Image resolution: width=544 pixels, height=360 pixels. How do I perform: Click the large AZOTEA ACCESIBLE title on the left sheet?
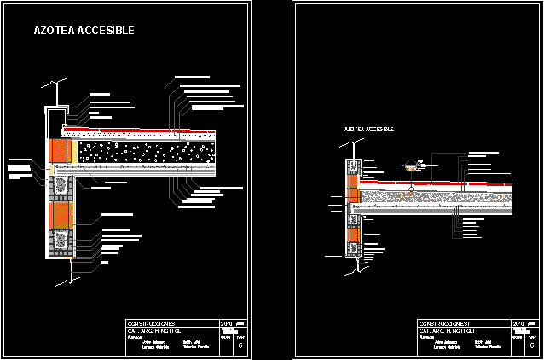click(x=84, y=31)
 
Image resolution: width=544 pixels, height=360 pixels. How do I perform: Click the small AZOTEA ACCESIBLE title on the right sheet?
click(x=368, y=129)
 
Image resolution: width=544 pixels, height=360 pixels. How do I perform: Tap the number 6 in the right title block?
click(x=531, y=345)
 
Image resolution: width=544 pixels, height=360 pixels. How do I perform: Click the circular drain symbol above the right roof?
click(x=411, y=165)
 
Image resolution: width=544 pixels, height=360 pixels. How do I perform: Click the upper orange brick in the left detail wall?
click(x=61, y=152)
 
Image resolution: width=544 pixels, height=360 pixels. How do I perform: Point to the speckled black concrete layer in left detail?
click(x=145, y=153)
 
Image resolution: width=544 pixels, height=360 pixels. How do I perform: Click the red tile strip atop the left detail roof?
click(x=153, y=131)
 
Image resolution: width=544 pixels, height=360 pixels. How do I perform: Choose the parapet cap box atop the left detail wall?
click(x=55, y=117)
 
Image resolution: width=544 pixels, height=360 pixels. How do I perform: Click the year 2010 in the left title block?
click(x=226, y=324)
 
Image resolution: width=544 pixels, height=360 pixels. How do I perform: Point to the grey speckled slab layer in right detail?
click(x=435, y=197)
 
